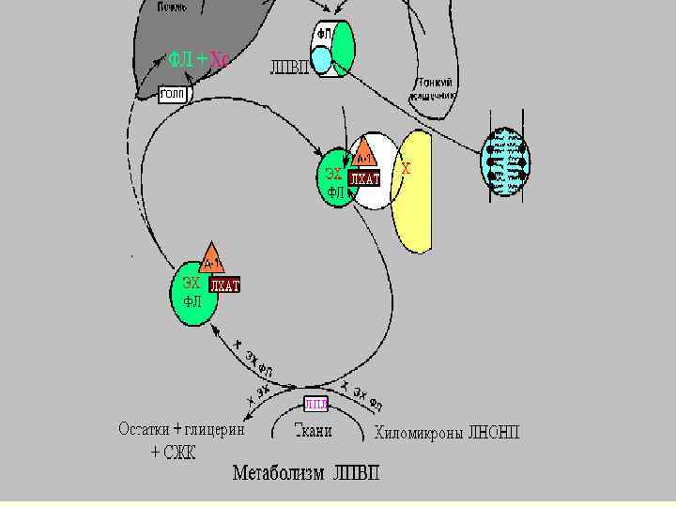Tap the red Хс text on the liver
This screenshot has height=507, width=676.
(220, 60)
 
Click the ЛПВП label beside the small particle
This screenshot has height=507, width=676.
(289, 67)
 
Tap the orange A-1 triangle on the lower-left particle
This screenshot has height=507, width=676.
(212, 259)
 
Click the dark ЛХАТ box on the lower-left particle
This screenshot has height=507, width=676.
(224, 285)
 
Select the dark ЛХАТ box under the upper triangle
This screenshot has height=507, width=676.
(364, 178)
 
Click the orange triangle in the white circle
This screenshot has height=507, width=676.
(364, 153)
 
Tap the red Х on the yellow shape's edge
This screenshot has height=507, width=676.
(406, 170)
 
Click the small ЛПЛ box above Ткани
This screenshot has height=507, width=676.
(316, 404)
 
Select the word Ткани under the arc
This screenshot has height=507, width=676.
(313, 432)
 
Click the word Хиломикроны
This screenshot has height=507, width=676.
(419, 434)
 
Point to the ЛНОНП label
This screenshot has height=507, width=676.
(493, 434)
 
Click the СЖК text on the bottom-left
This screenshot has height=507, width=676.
(180, 452)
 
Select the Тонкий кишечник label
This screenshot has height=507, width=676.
(431, 89)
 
